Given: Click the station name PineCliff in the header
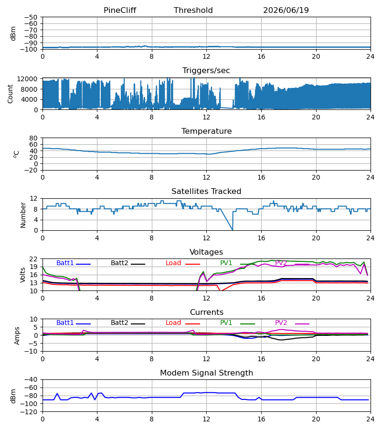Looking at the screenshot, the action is [x=120, y=10].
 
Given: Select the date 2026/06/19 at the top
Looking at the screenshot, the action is [x=286, y=10].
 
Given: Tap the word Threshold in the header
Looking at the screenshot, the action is [x=193, y=10].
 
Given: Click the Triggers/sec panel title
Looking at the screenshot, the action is [x=206, y=71].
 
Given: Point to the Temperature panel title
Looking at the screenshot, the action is [x=206, y=131].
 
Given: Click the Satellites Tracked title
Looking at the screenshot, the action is [x=206, y=192].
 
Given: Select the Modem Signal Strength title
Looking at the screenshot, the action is [x=206, y=373].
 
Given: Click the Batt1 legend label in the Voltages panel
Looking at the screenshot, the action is [x=65, y=263].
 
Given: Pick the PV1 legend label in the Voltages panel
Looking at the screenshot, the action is [x=226, y=263].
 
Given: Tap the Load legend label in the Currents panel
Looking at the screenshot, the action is [x=173, y=323].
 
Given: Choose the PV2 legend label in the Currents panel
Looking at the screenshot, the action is [x=281, y=323].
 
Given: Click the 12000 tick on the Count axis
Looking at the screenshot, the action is [x=27, y=79].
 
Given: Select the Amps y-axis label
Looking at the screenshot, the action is [x=17, y=335].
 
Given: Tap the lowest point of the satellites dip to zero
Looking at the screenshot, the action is [x=233, y=230].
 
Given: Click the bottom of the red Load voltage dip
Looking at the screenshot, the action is [x=221, y=290].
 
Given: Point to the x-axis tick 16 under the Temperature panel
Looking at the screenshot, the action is [x=261, y=177].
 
